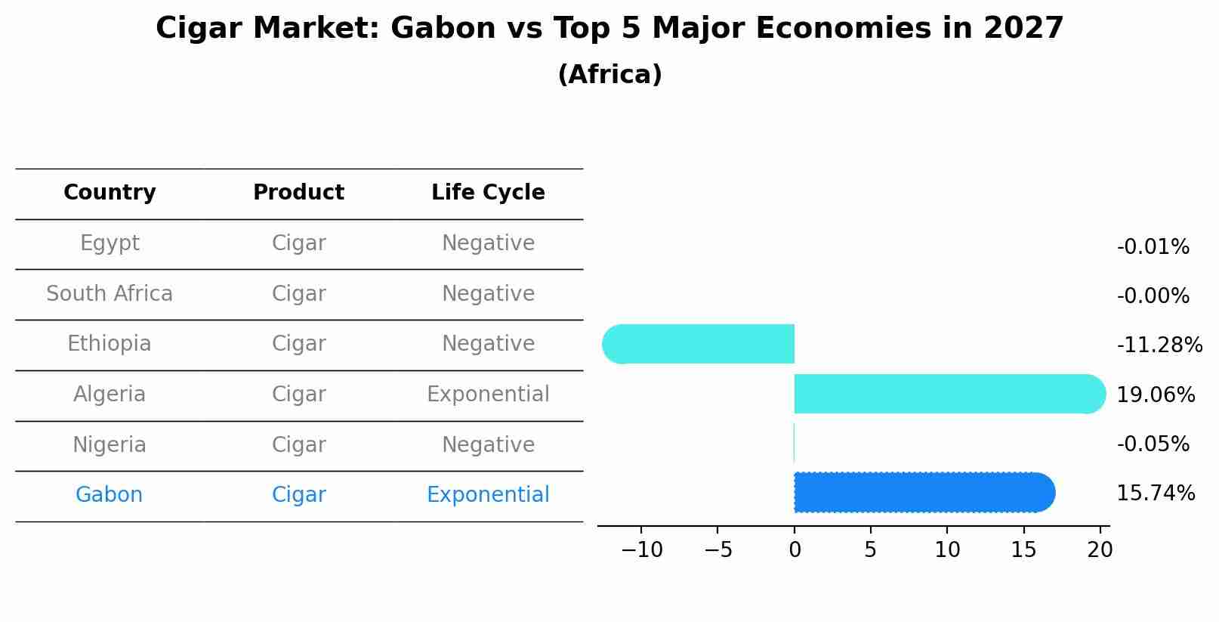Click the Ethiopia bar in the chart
(698, 344)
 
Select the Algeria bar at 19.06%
(950, 394)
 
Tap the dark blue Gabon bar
(924, 492)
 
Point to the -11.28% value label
(1159, 345)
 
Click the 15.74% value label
(1156, 493)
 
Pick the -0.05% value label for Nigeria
(1153, 444)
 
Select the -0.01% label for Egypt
(1153, 246)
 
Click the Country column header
(110, 192)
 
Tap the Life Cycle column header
(488, 192)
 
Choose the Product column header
(299, 192)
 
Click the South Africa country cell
(110, 293)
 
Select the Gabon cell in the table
(109, 494)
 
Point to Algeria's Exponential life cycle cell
(488, 395)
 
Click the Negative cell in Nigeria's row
(488, 445)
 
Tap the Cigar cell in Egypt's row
(299, 243)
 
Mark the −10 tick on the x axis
(642, 549)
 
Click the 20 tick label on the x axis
(1100, 549)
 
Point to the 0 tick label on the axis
(795, 549)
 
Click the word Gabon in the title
(443, 28)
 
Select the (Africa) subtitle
(610, 75)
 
